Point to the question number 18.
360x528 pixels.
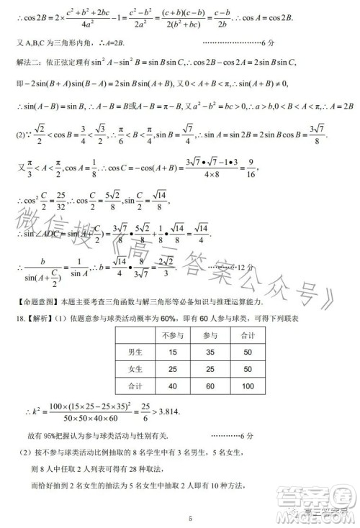tap(19, 318)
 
